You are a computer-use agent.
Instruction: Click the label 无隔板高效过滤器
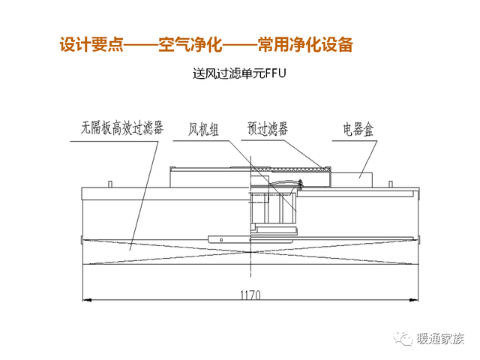coord(121,128)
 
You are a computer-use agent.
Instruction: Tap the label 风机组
coord(203,130)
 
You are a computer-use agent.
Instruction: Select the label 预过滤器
coord(267,128)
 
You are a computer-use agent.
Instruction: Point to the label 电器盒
coord(358,129)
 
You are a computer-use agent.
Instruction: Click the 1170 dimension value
coord(250,295)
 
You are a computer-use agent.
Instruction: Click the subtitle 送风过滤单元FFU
coord(239,73)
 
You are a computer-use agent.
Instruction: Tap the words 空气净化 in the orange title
coord(190,45)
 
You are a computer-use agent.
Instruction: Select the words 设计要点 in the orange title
coord(91,45)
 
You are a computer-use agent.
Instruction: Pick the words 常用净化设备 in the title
coord(305,45)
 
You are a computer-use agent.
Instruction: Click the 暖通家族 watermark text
coord(440,338)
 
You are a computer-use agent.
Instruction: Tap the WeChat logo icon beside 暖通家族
coord(403,338)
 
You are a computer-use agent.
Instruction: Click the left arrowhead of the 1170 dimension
coord(87,300)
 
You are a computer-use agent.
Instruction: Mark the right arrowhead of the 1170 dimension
coord(414,300)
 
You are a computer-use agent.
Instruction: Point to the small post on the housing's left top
coord(110,184)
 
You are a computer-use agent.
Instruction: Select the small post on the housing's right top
coord(391,184)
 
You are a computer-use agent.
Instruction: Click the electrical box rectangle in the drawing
coord(352,180)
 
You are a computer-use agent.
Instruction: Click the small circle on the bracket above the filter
coord(221,240)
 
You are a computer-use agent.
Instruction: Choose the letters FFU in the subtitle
coord(275,73)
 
